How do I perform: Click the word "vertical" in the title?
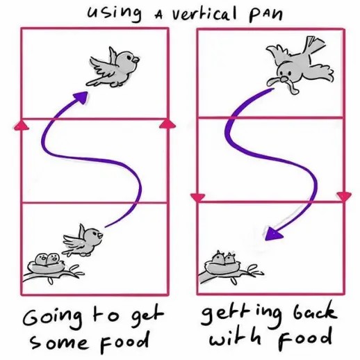click(x=204, y=14)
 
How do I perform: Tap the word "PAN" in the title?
click(x=265, y=15)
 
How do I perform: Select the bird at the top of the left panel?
click(x=113, y=67)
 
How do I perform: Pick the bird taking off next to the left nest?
click(x=83, y=241)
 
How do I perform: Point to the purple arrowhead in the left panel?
click(x=81, y=97)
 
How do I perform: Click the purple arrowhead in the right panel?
click(x=272, y=234)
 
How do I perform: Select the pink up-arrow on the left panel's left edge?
click(x=21, y=125)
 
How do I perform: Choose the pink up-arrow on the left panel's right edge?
click(x=167, y=124)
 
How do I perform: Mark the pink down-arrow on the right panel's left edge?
click(x=197, y=197)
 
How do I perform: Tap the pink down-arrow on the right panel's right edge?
click(x=344, y=197)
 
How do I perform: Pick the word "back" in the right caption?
click(x=315, y=311)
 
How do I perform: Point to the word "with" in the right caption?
click(x=235, y=337)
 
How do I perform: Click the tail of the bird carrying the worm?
click(x=313, y=45)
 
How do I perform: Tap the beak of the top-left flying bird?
click(x=136, y=60)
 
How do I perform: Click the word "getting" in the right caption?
click(x=241, y=315)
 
